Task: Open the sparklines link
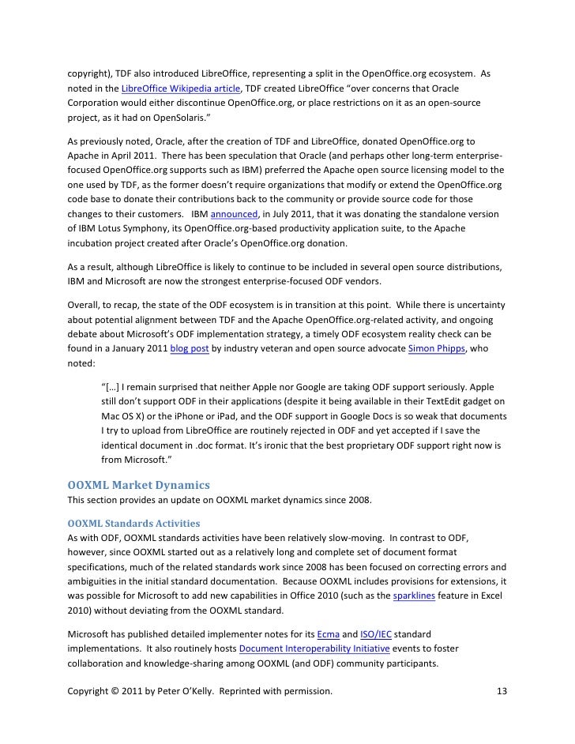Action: click(404, 596)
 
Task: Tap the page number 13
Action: click(501, 693)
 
